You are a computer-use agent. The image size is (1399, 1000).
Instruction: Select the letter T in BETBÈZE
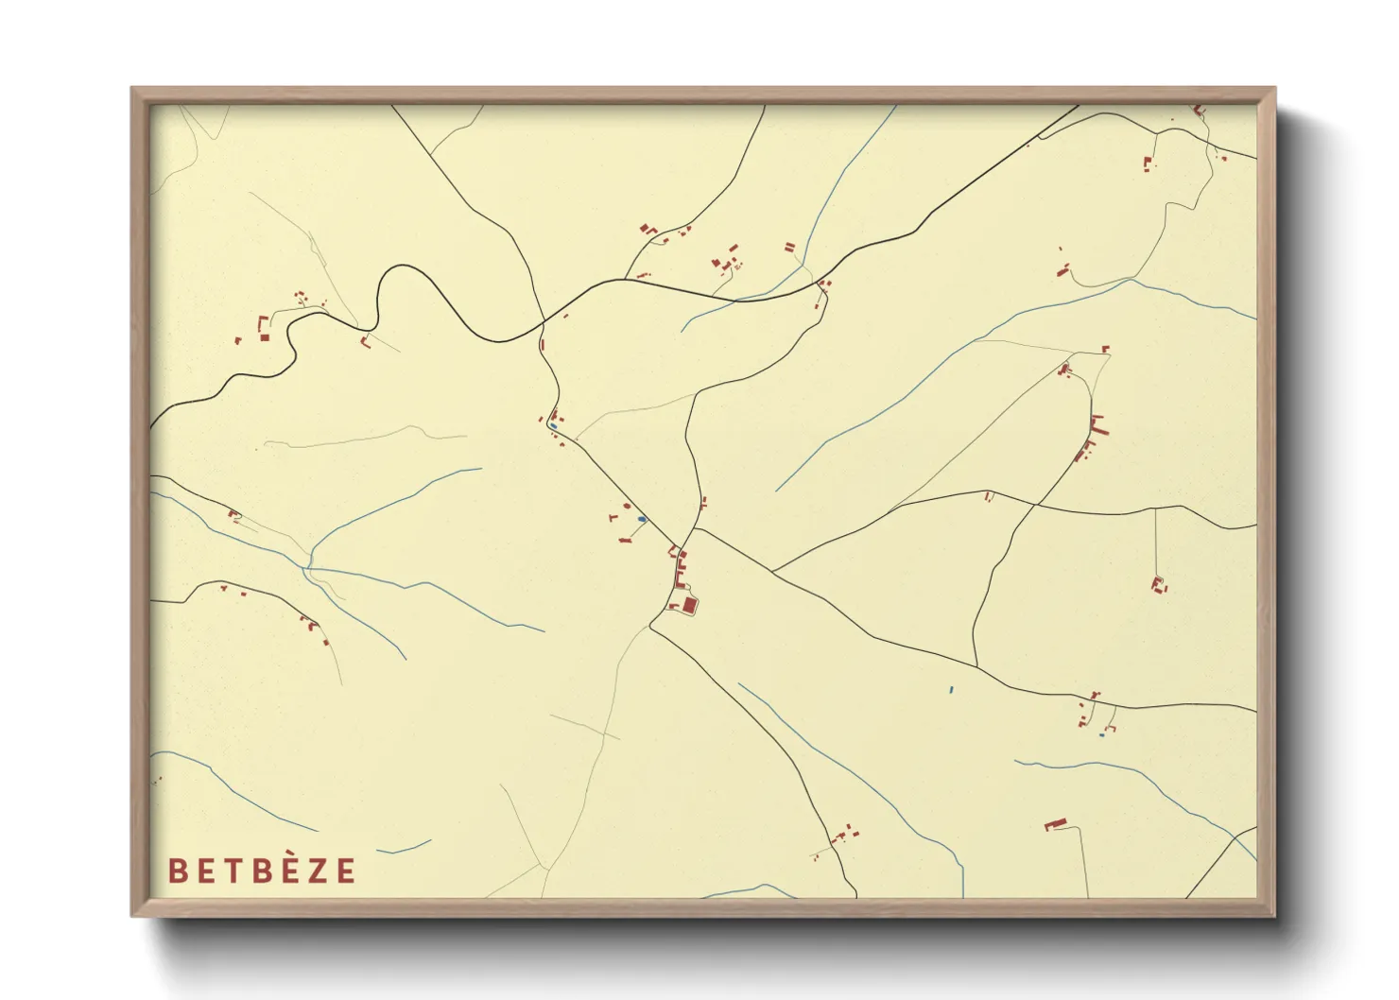coord(229,871)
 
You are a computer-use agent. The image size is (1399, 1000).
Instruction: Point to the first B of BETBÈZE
coord(176,871)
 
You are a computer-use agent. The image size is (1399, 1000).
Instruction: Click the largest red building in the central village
coord(689,604)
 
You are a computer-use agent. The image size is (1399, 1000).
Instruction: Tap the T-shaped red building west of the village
coord(613,517)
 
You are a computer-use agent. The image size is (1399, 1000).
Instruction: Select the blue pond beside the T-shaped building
coord(642,519)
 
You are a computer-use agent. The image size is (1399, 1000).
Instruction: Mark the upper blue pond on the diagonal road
coord(552,426)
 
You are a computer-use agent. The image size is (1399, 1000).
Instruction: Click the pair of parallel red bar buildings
coord(789,248)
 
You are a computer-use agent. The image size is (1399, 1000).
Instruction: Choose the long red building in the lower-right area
coord(1055,824)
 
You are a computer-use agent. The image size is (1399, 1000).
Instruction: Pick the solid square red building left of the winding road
coord(265,337)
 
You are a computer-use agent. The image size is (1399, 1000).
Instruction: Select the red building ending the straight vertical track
coord(1157,583)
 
